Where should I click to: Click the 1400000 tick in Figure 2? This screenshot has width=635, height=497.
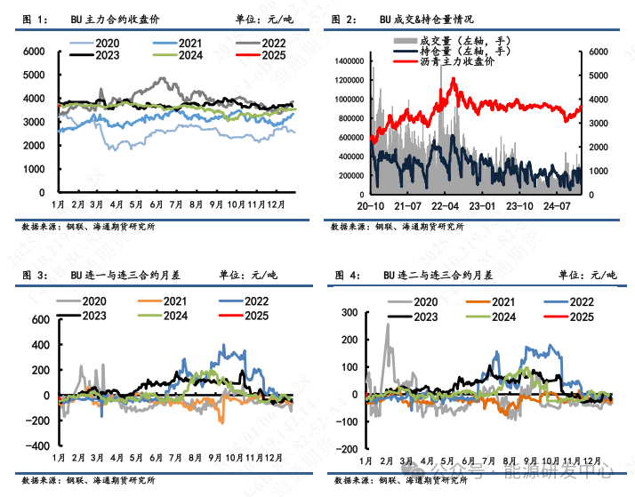pos(350,60)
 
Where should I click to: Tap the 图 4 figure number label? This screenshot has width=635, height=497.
pos(342,276)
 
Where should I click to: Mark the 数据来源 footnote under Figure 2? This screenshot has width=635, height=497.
pos(399,227)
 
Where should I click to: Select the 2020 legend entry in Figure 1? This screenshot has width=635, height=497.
pos(106,43)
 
